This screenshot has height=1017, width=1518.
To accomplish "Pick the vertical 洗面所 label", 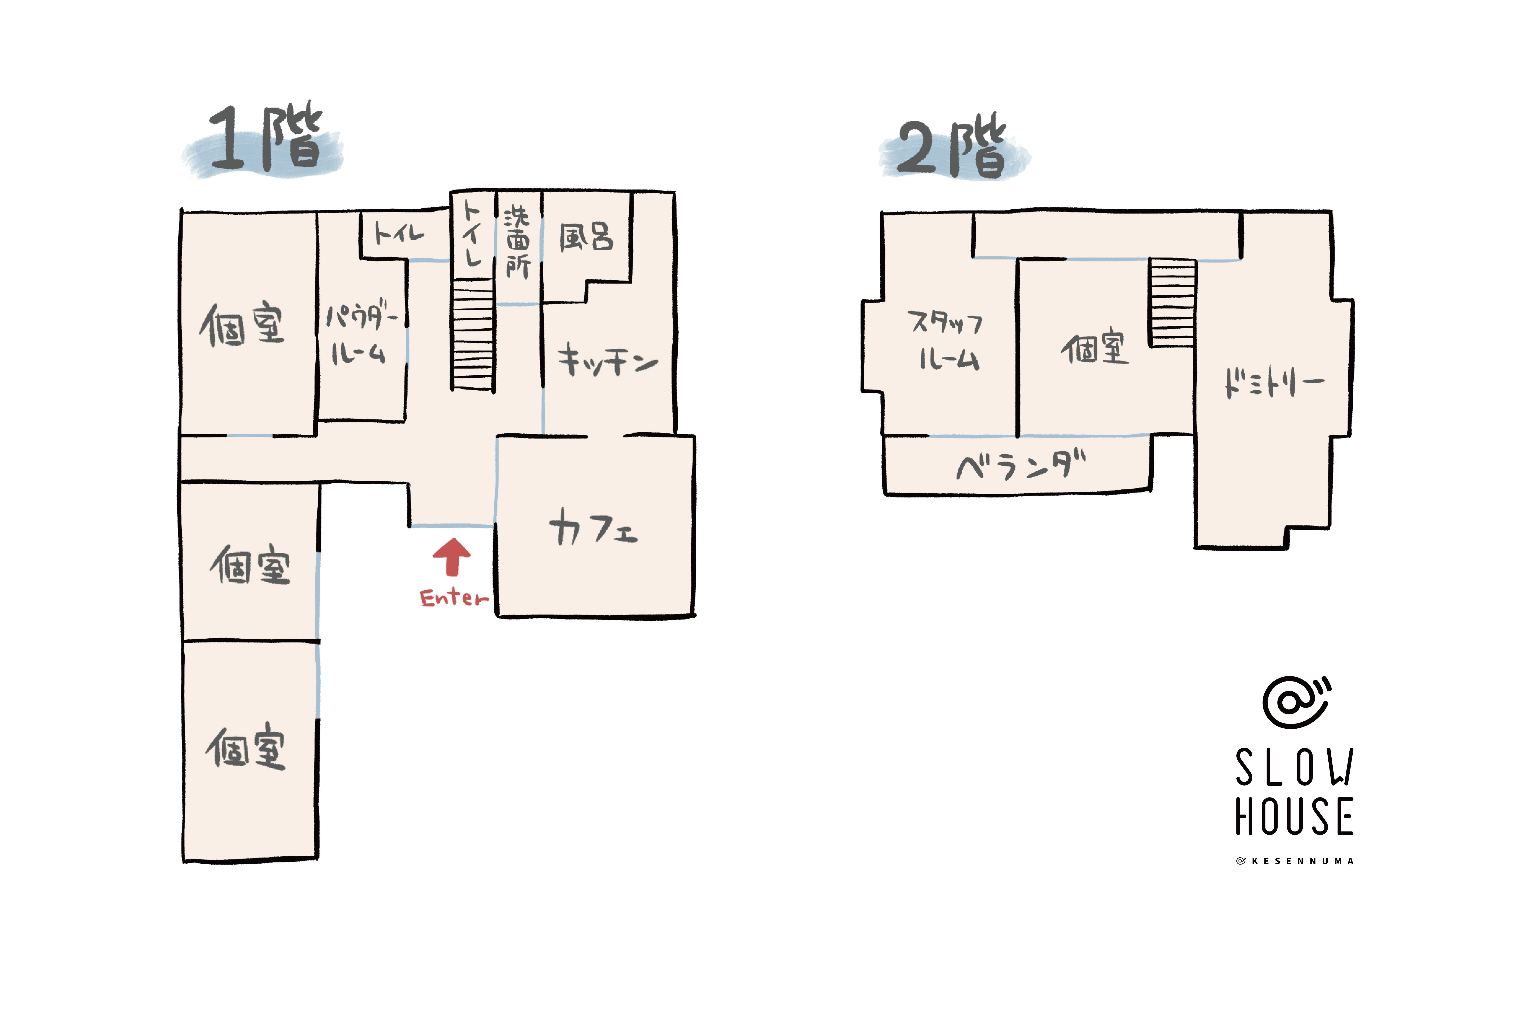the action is [517, 242].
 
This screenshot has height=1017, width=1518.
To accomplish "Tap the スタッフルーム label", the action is [947, 341].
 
